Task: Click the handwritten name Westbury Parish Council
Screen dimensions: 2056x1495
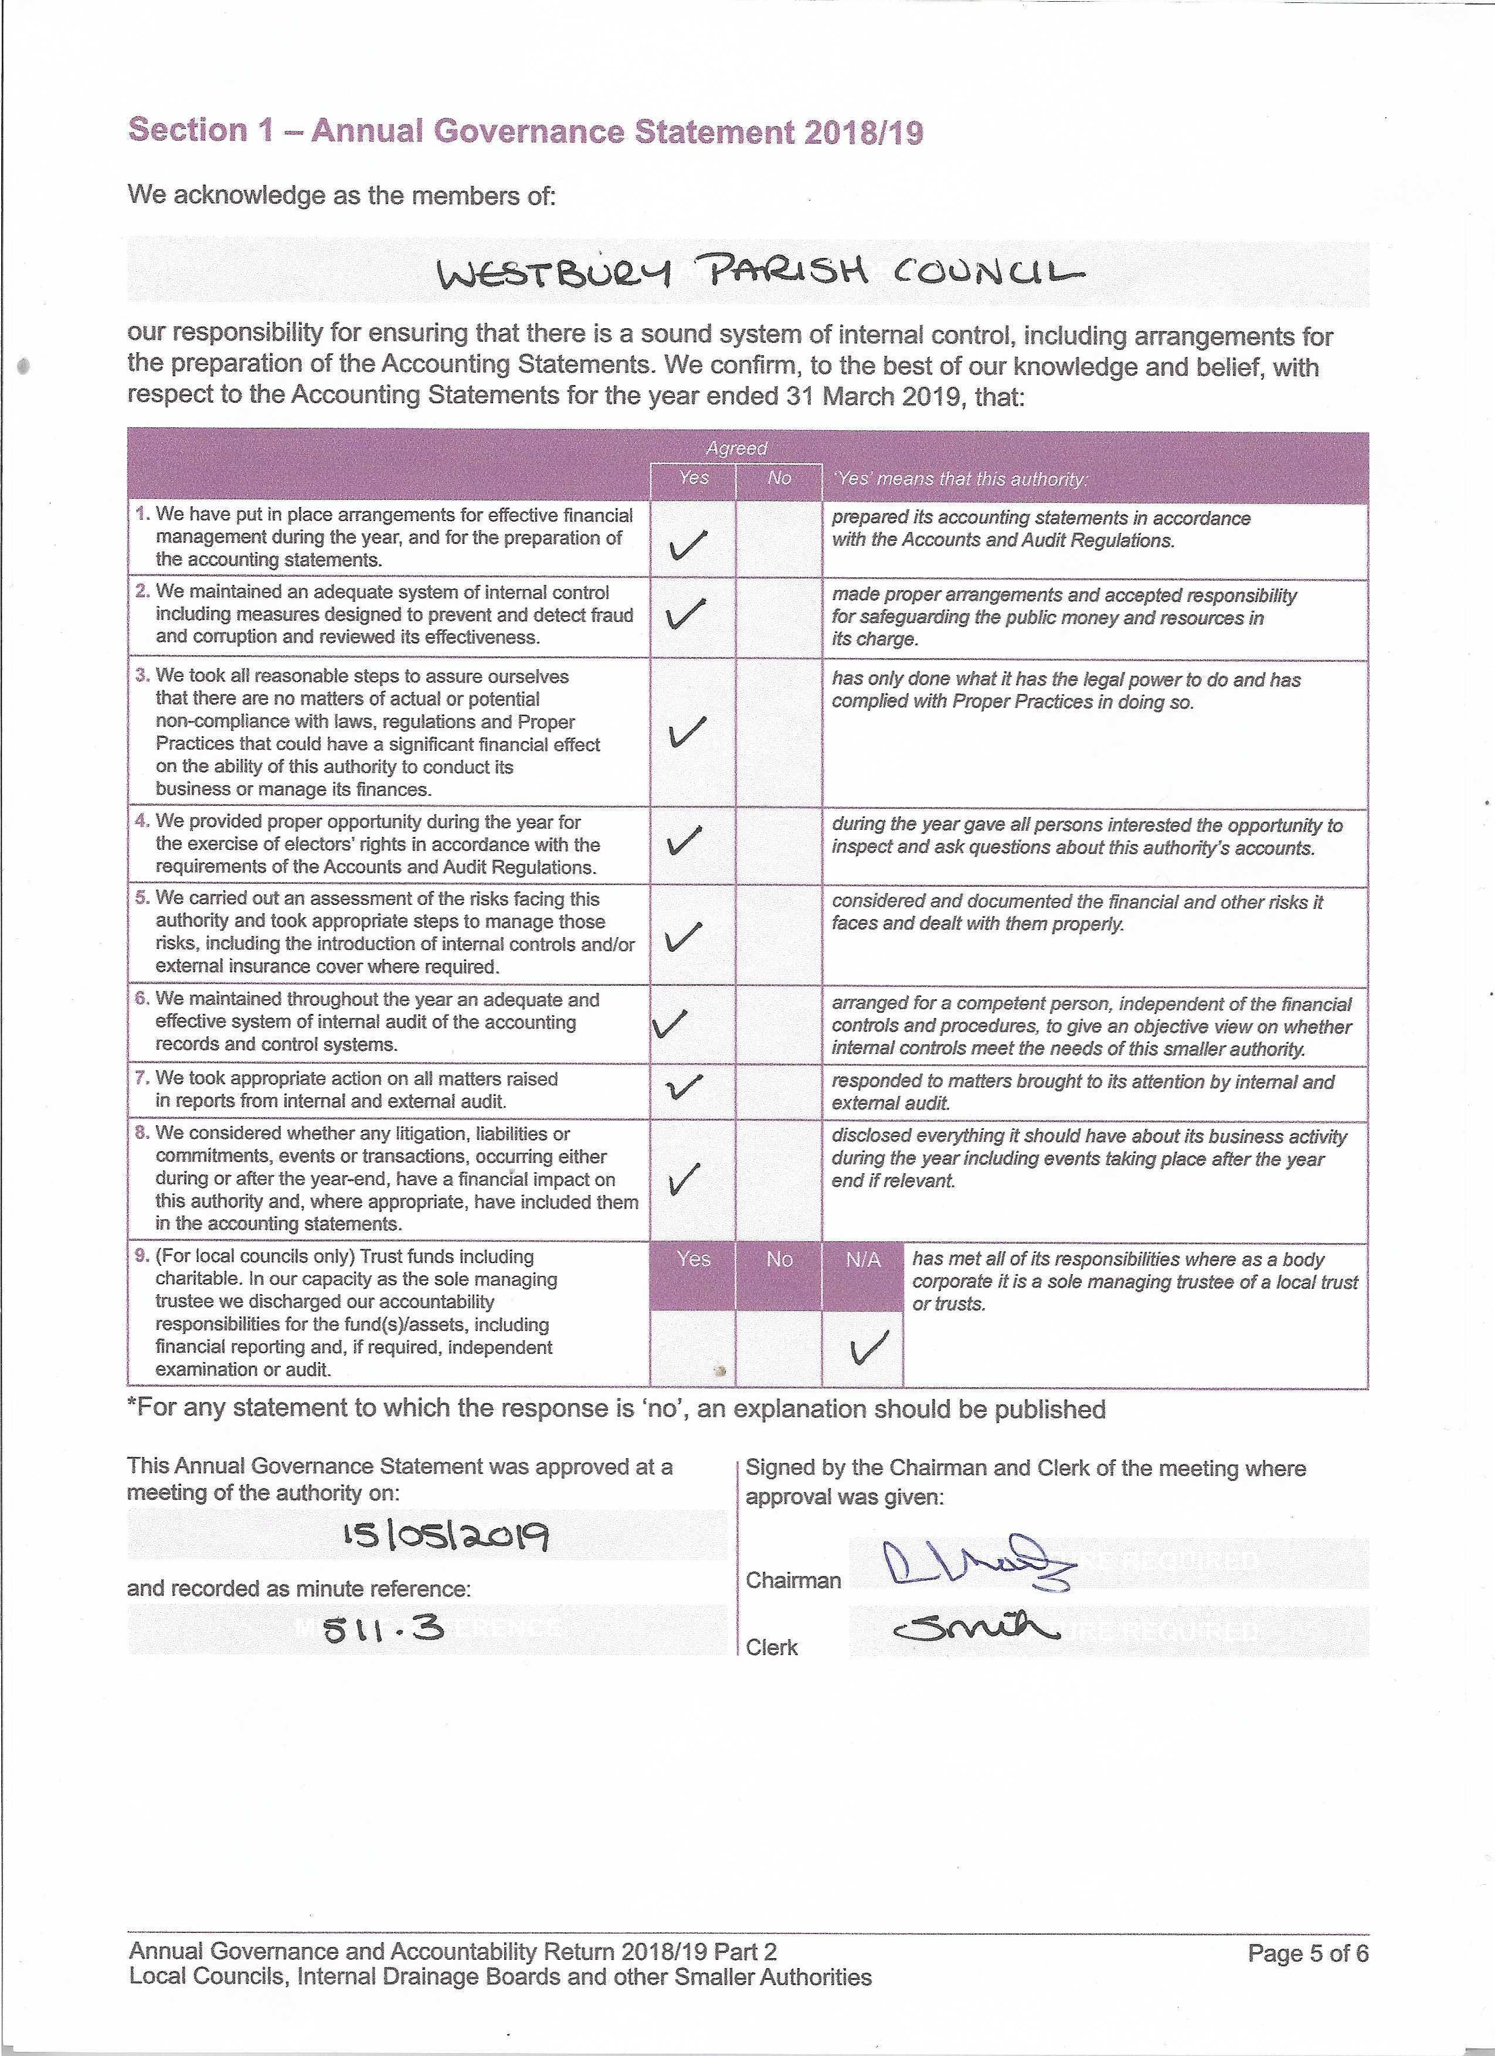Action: point(760,271)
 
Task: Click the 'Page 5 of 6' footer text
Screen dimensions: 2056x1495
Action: point(1307,1953)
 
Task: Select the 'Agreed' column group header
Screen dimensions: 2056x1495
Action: point(736,448)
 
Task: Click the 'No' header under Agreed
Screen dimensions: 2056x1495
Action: point(779,478)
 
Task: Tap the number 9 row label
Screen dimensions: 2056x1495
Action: point(141,1257)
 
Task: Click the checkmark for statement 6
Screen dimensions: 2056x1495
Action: point(670,1023)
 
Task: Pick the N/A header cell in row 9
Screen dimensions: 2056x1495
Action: point(862,1259)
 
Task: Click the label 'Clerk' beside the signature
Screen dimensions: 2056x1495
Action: point(772,1647)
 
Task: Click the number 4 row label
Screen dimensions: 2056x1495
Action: point(141,821)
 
